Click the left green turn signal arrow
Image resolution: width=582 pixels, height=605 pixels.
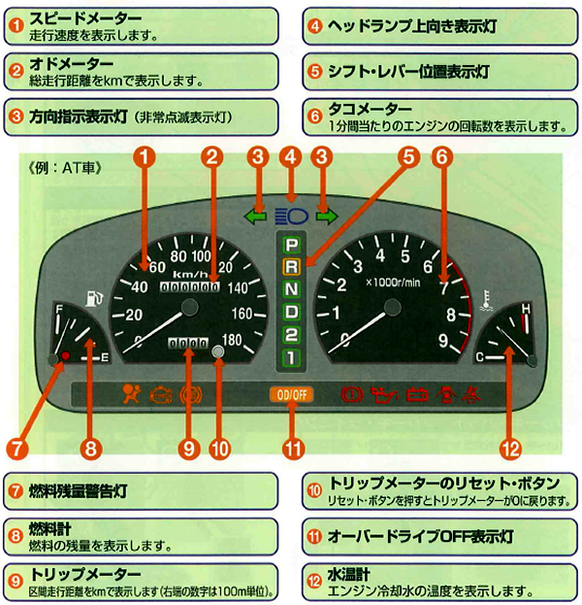tap(256, 216)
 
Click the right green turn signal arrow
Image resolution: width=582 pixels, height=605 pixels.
tap(325, 216)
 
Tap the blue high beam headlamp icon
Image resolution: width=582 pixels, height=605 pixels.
tap(290, 216)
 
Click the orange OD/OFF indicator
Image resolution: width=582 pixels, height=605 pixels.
tap(289, 394)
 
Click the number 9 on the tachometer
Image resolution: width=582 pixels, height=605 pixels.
tap(442, 340)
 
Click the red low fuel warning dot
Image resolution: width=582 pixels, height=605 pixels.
tap(65, 357)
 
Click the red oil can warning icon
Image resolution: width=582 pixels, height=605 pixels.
tap(384, 394)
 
